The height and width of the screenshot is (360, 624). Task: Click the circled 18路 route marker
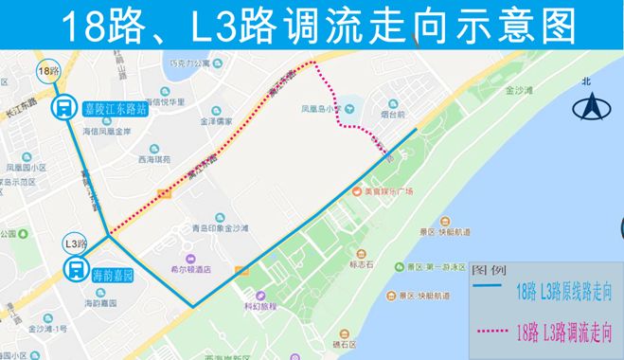click(48, 71)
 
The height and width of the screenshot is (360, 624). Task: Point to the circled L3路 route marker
click(75, 243)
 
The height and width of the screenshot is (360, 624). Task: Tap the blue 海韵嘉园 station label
click(115, 274)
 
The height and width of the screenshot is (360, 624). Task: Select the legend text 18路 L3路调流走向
click(564, 332)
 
